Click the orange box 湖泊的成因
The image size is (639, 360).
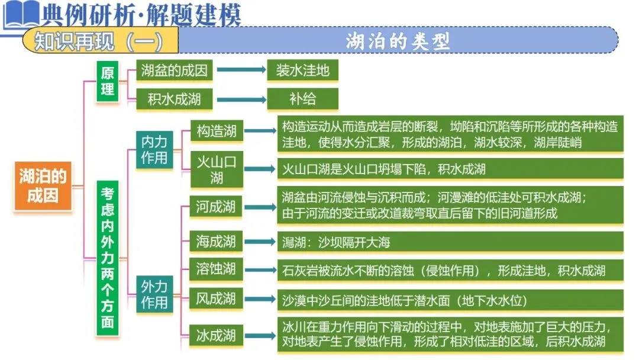coord(43,185)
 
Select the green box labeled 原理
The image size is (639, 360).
coord(107,81)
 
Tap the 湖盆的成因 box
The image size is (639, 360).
coord(174,71)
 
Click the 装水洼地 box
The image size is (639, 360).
coord(302,71)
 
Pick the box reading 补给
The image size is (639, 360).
coord(302,99)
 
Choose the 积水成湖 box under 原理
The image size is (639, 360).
coord(174,99)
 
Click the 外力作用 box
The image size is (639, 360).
coord(154,294)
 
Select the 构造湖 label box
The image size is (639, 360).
coord(216,131)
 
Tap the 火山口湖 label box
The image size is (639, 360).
coord(216,169)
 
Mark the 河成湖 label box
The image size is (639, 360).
coord(216,207)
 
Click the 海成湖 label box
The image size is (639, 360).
coord(216,241)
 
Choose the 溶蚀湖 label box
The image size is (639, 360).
coord(216,269)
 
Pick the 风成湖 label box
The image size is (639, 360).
coord(216,298)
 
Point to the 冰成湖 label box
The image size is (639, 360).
coord(216,336)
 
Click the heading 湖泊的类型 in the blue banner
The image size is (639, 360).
coord(398,41)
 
